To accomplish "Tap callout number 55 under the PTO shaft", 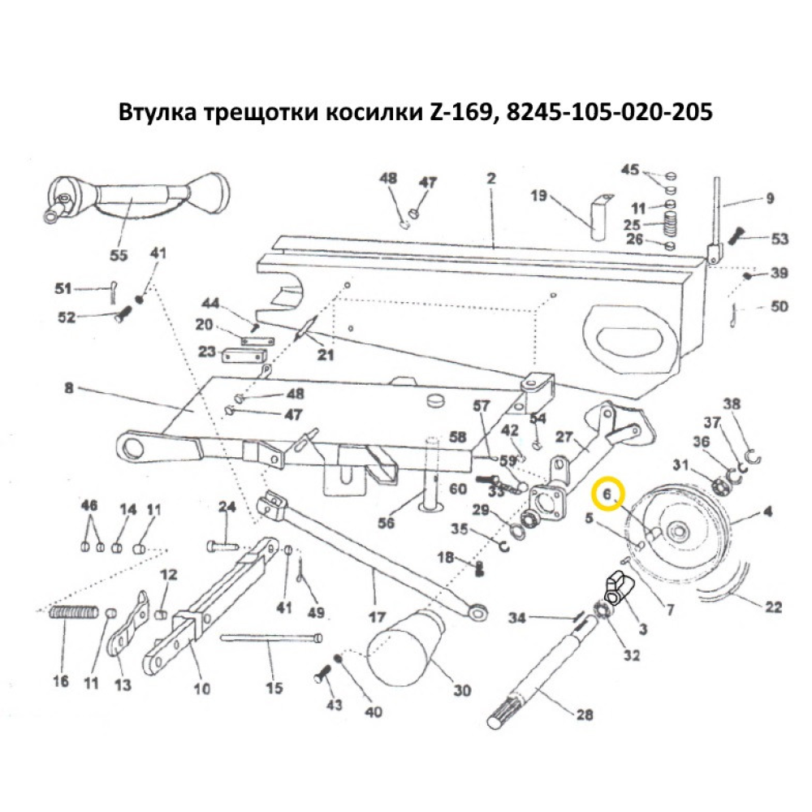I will coord(119,255).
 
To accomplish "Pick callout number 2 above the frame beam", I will coord(490,179).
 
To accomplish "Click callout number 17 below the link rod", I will coord(377,616).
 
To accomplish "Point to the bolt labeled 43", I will coord(321,672).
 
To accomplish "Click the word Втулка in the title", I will coord(159,111).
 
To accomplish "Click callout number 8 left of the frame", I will coord(68,388).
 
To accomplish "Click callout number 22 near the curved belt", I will coord(773,607).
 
